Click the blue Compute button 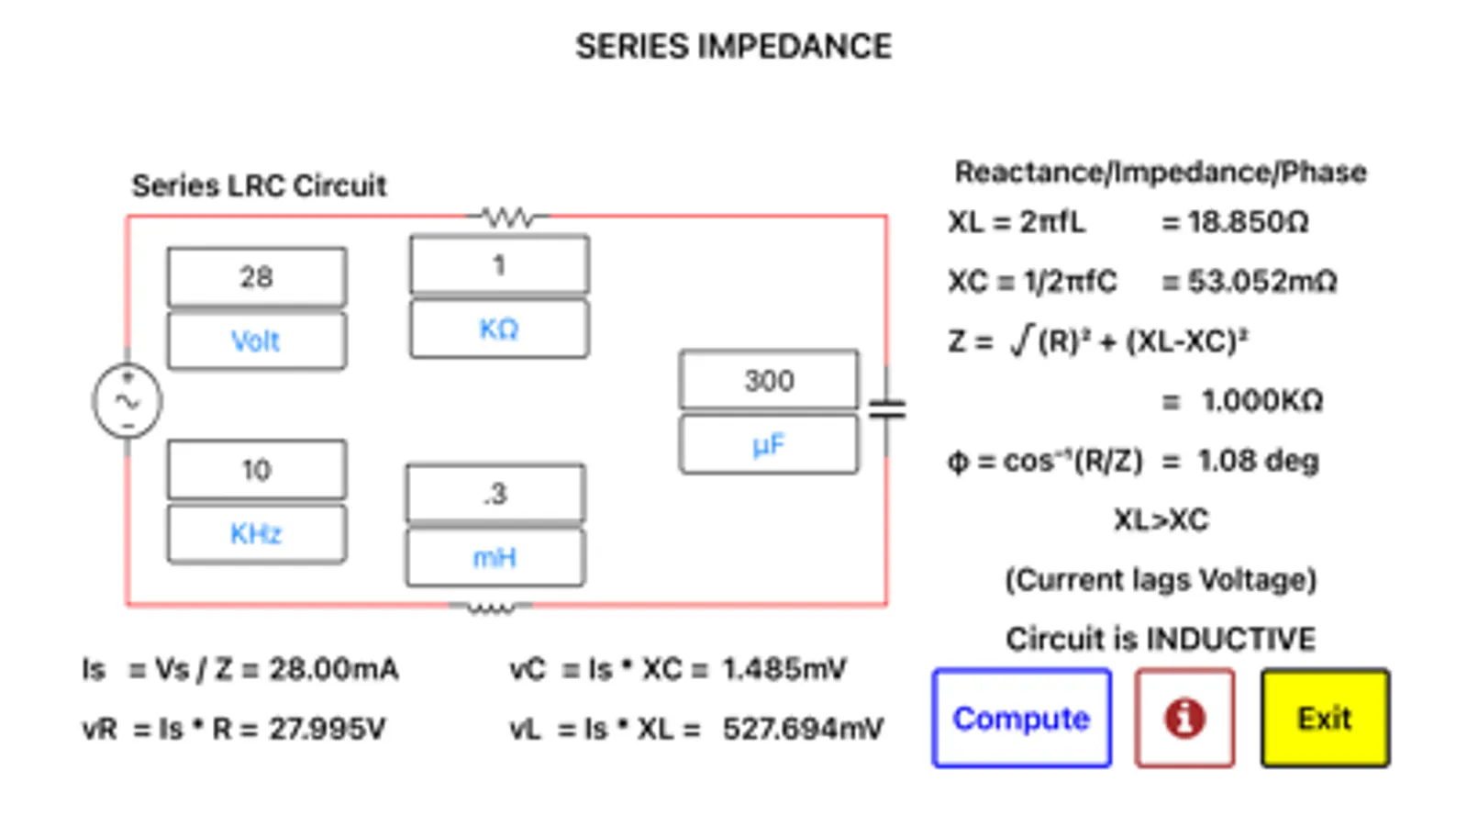pyautogui.click(x=1021, y=718)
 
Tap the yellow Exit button pyautogui.click(x=1324, y=718)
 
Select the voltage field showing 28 pyautogui.click(x=257, y=276)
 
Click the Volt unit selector pyautogui.click(x=257, y=340)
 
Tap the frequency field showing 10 pyautogui.click(x=257, y=470)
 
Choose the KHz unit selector pyautogui.click(x=257, y=533)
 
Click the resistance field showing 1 pyautogui.click(x=499, y=265)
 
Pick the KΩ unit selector pyautogui.click(x=499, y=329)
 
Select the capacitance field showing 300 pyautogui.click(x=769, y=380)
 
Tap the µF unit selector pyautogui.click(x=769, y=445)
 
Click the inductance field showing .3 pyautogui.click(x=495, y=494)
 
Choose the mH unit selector pyautogui.click(x=495, y=557)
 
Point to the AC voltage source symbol pyautogui.click(x=128, y=401)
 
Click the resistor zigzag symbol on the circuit pyautogui.click(x=508, y=218)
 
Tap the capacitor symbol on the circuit pyautogui.click(x=886, y=409)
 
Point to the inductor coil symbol pyautogui.click(x=491, y=607)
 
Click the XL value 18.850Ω pyautogui.click(x=1248, y=222)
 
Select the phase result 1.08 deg pyautogui.click(x=1258, y=460)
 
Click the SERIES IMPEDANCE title pyautogui.click(x=733, y=47)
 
